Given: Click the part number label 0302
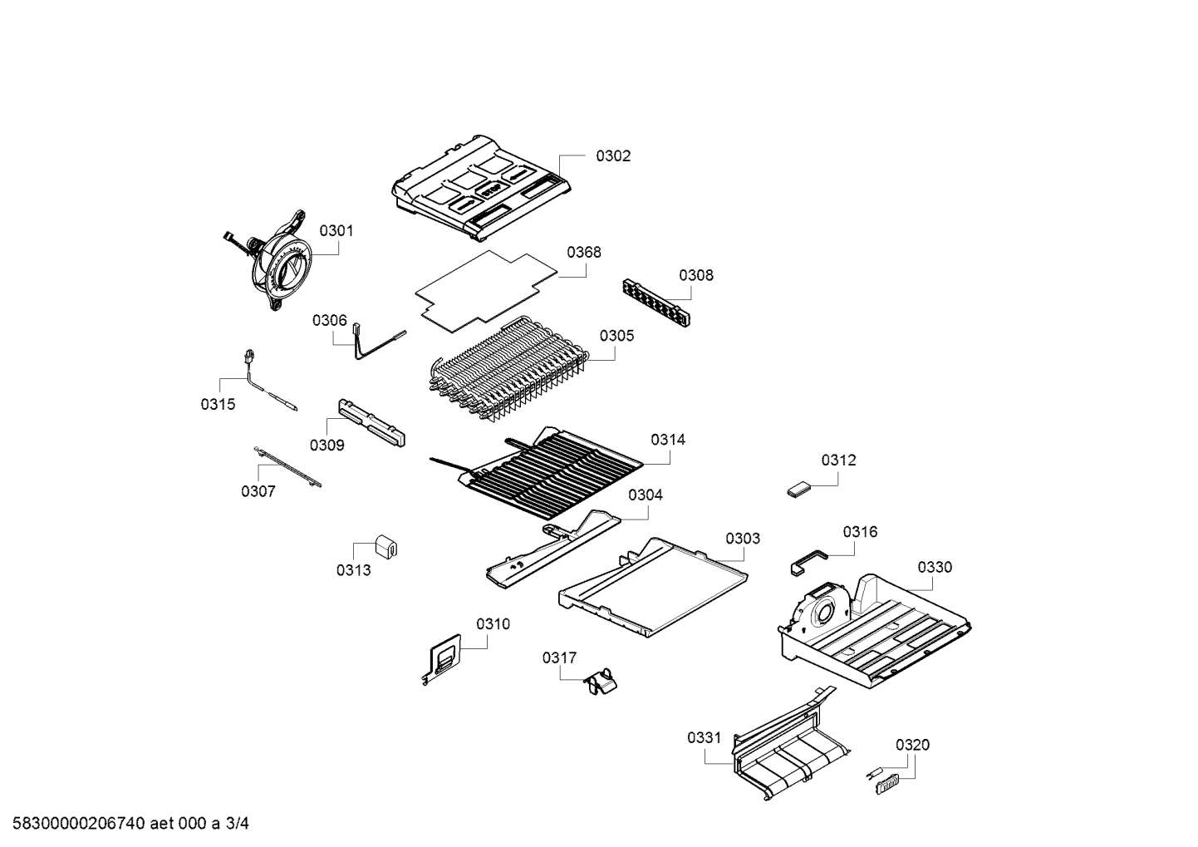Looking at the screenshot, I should (x=613, y=155).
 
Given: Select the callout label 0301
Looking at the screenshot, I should (x=336, y=230).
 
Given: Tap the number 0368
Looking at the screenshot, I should (x=584, y=252).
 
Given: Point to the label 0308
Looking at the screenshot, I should (x=695, y=275).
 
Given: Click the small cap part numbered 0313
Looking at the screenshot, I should (x=385, y=545).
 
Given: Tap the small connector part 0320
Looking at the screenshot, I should (x=886, y=782).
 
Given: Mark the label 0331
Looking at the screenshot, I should (x=705, y=737).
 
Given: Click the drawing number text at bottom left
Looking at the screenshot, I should (x=125, y=824).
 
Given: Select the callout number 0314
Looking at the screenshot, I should (x=668, y=440).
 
